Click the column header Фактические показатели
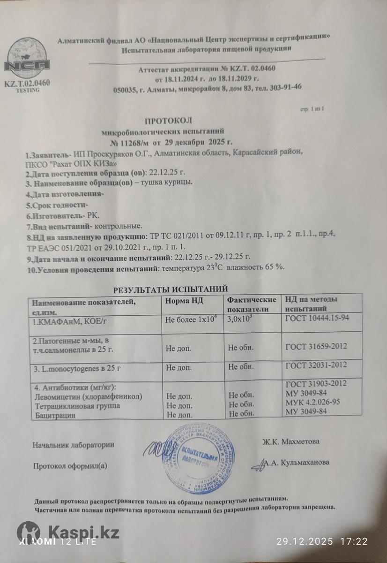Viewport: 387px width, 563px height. coord(252,304)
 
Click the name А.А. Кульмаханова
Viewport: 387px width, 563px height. coord(297,463)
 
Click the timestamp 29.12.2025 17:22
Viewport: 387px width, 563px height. coord(322,541)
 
